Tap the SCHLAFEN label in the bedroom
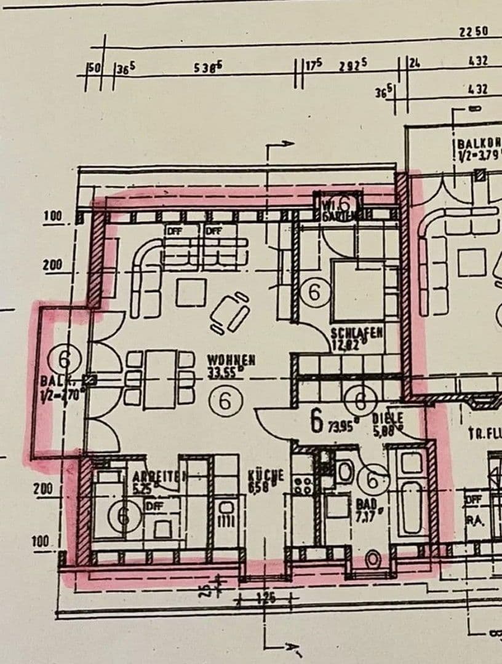click(357, 333)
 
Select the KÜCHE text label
click(266, 475)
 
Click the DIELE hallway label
click(388, 419)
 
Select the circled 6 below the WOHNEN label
click(224, 401)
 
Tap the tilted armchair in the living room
click(230, 312)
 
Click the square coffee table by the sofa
click(191, 292)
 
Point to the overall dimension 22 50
click(473, 33)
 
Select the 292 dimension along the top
click(353, 66)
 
